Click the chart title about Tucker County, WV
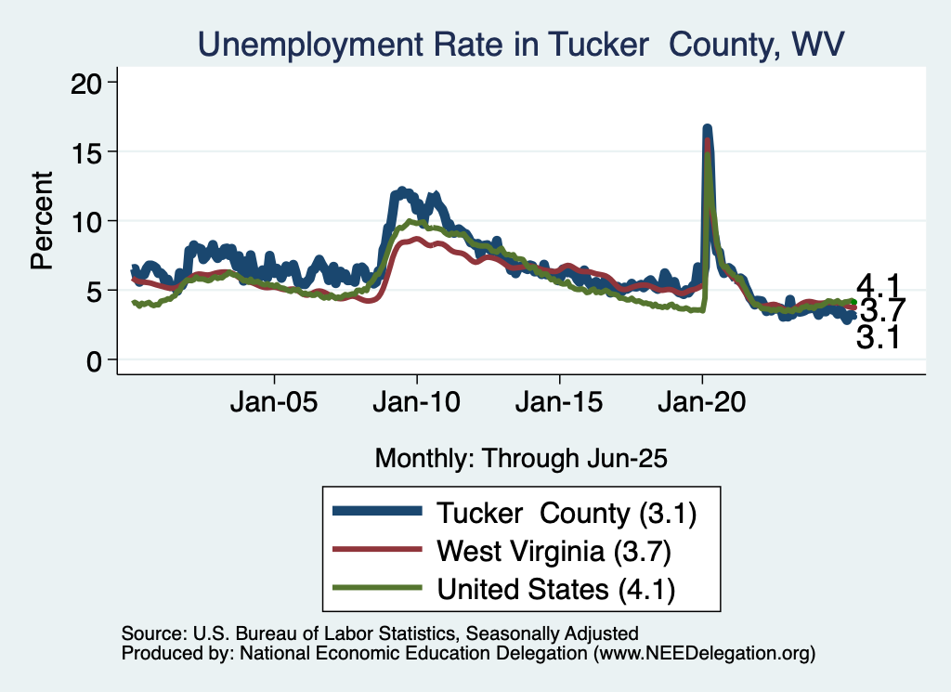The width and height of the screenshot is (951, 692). click(x=521, y=44)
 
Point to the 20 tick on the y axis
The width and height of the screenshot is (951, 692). click(x=89, y=83)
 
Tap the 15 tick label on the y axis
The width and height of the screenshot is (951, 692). click(x=89, y=151)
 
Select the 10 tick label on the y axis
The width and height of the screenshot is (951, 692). click(x=89, y=221)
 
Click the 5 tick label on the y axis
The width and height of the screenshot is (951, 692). click(x=98, y=291)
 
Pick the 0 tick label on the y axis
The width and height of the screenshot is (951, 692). click(x=98, y=360)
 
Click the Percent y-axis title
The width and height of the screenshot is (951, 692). click(x=42, y=221)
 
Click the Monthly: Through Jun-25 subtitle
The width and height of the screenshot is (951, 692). click(x=521, y=457)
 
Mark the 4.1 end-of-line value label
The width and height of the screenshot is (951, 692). click(x=878, y=285)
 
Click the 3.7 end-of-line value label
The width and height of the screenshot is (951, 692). click(x=879, y=310)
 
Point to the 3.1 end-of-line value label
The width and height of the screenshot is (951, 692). click(x=878, y=338)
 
